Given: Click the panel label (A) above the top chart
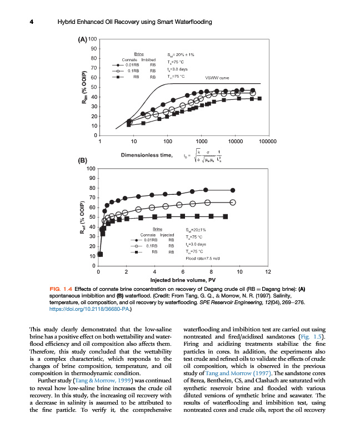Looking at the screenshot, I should click(x=82, y=40).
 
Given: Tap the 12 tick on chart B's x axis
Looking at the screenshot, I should click(x=268, y=272).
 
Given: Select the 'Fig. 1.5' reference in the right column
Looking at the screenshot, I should click(x=310, y=337).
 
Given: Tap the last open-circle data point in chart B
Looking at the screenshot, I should click(x=233, y=203).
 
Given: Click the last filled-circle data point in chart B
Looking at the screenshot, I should click(x=233, y=190).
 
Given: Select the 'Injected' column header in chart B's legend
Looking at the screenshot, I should click(x=168, y=235).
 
